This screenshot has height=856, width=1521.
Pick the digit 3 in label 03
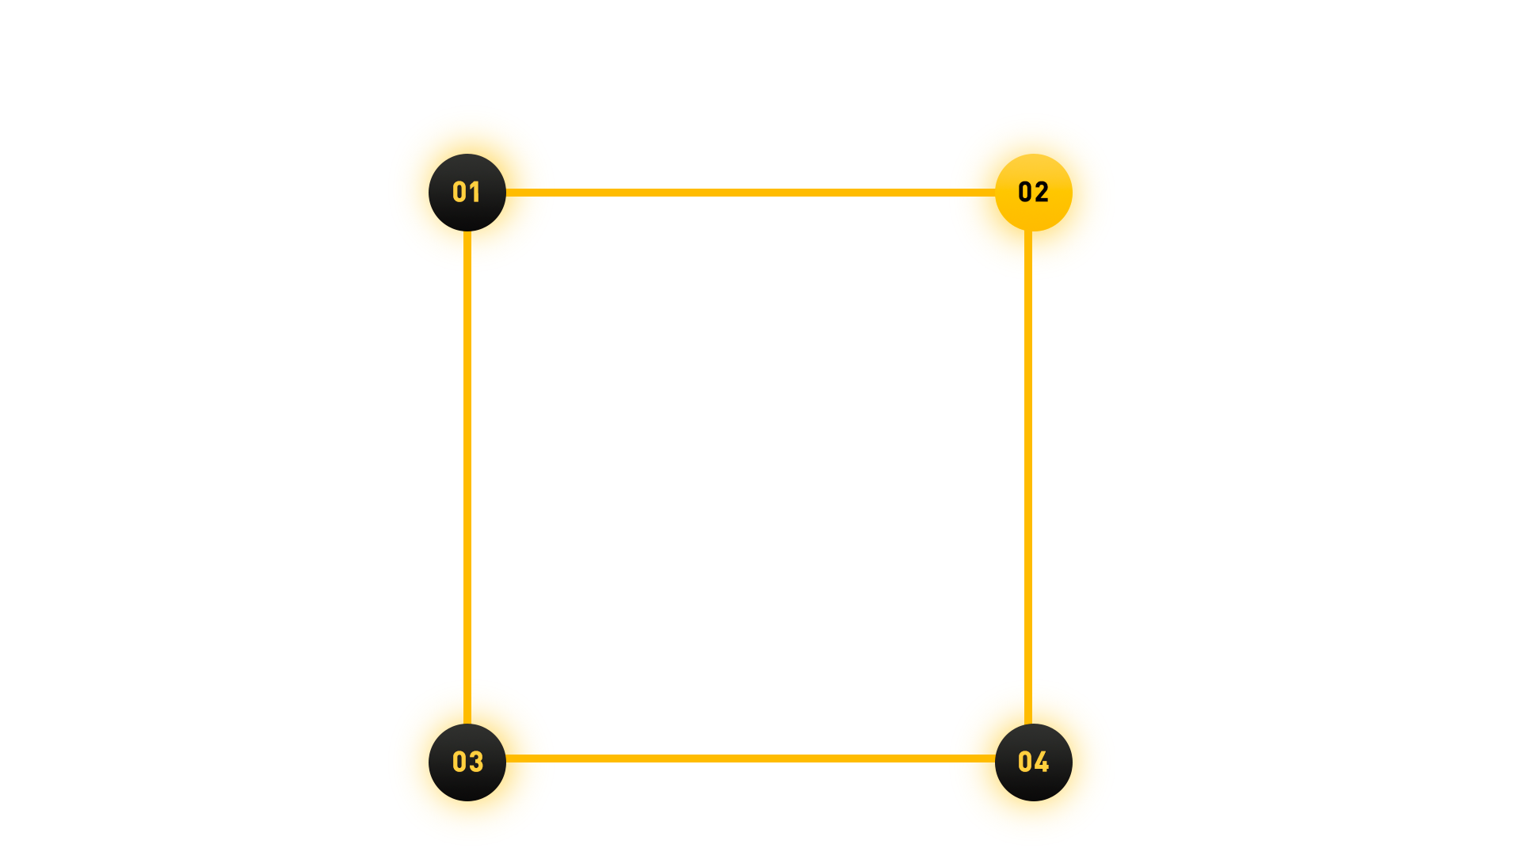[476, 762]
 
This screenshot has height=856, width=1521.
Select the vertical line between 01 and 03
[467, 476]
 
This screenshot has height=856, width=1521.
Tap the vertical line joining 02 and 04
[1028, 476]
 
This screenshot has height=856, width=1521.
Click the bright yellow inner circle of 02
[1034, 214]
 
